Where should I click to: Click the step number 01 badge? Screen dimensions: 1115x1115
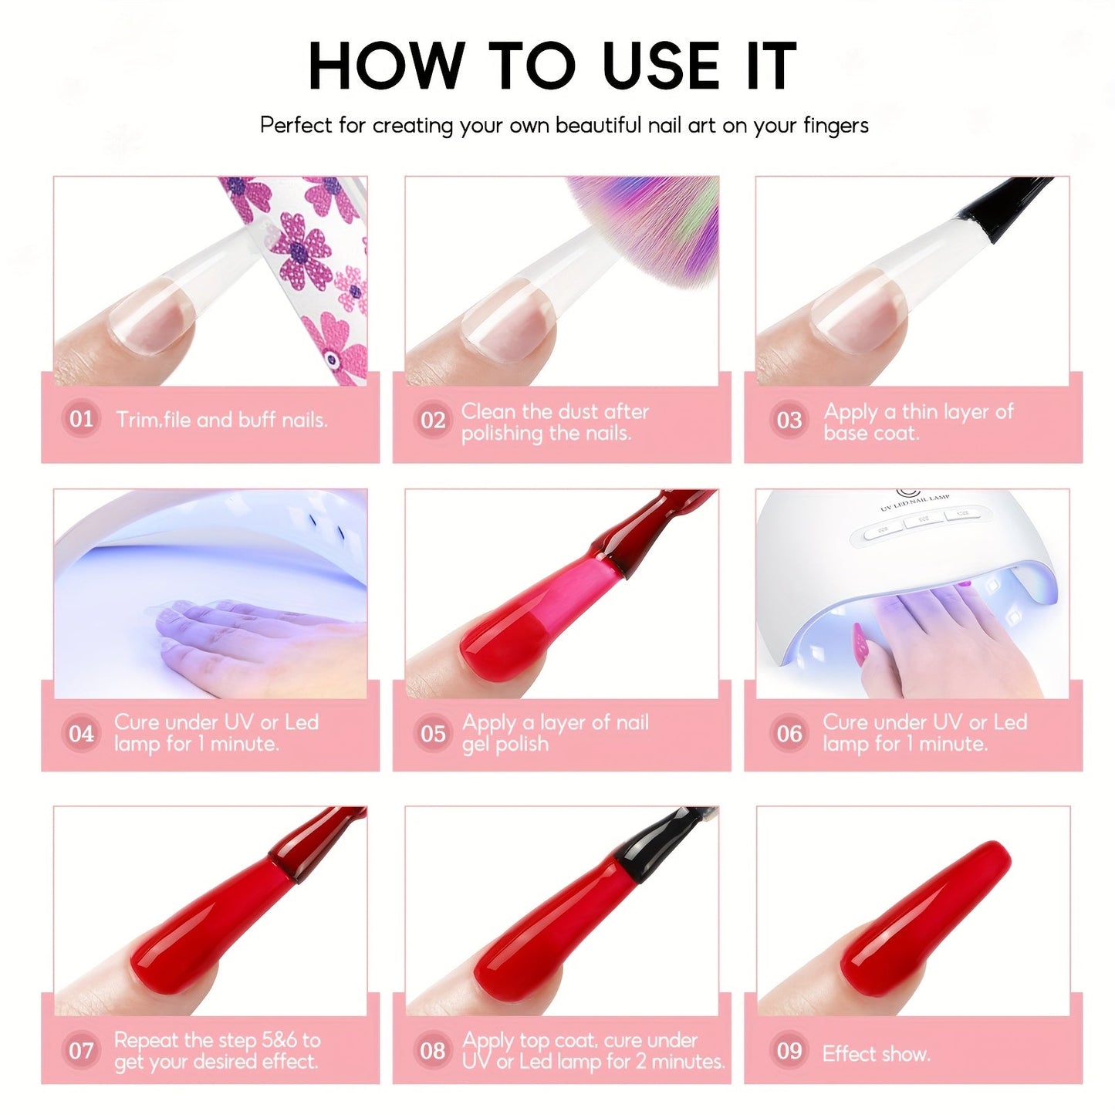point(81,418)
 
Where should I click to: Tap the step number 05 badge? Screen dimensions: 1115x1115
point(433,733)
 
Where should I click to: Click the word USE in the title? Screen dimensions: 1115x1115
point(661,66)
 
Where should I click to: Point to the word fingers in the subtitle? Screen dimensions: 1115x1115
point(836,126)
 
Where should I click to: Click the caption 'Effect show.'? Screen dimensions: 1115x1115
point(876,1054)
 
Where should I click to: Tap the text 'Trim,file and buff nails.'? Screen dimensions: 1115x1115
point(221,420)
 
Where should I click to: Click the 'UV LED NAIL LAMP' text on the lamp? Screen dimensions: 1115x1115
point(915,502)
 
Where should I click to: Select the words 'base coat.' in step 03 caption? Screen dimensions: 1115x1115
point(872,433)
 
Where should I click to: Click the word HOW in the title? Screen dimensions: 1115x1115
point(387,66)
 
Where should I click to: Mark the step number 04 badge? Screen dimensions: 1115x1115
point(81,733)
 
